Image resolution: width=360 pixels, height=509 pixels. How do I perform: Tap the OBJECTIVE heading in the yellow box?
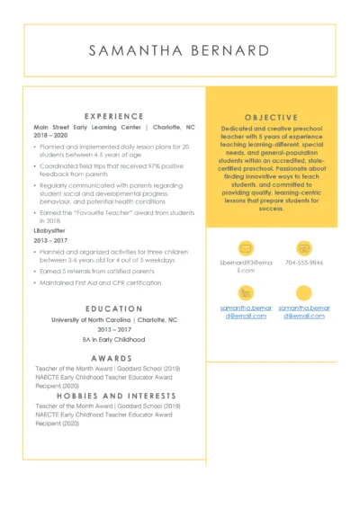coord(272,116)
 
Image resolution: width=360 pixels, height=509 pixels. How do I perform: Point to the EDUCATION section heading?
coord(113,308)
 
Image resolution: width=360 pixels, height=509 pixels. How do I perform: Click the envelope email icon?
coord(245,247)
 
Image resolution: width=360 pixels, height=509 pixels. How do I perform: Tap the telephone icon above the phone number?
coord(304,247)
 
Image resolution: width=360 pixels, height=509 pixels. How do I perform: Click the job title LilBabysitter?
coord(52,231)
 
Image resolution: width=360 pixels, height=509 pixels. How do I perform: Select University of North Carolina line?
coord(113,319)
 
